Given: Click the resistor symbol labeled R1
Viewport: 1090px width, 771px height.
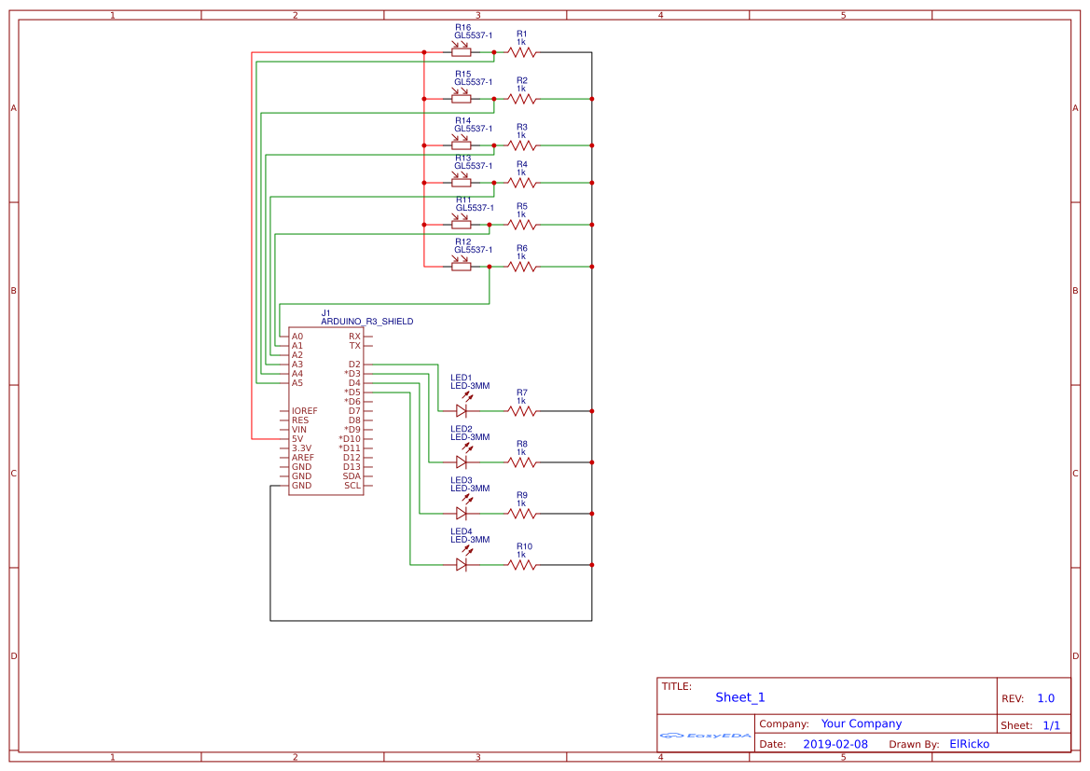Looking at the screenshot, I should point(522,52).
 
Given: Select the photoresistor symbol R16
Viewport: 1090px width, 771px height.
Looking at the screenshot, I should point(462,52).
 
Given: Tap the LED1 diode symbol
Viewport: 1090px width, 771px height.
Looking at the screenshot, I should point(462,410).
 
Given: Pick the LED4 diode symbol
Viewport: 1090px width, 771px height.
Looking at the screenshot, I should point(462,564).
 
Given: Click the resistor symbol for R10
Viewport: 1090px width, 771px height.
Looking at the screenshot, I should point(522,564).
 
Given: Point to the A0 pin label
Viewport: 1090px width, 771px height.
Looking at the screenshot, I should point(297,337).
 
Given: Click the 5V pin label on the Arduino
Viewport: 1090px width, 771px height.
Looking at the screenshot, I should point(297,439).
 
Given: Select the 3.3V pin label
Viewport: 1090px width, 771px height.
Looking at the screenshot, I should point(302,448).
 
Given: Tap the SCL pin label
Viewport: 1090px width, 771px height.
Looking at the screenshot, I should point(352,486).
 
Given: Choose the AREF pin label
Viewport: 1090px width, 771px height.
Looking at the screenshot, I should point(302,458).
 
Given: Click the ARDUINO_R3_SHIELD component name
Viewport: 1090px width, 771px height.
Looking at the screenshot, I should point(366,322).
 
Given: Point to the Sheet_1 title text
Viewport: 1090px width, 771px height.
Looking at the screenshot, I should point(739,697).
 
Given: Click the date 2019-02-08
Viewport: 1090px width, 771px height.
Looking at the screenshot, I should point(835,744).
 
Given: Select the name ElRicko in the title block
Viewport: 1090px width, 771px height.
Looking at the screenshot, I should point(969,744).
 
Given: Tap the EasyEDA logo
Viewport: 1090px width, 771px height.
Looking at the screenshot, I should point(705,736).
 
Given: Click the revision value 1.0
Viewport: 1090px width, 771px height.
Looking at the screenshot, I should point(1045,698).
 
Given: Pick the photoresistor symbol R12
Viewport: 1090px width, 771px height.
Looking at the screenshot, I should point(462,267).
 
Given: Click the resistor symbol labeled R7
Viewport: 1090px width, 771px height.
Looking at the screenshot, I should point(522,410).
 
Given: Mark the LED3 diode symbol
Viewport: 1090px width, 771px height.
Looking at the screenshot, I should point(462,513).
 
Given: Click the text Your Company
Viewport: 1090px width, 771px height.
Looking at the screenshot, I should point(861,723).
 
